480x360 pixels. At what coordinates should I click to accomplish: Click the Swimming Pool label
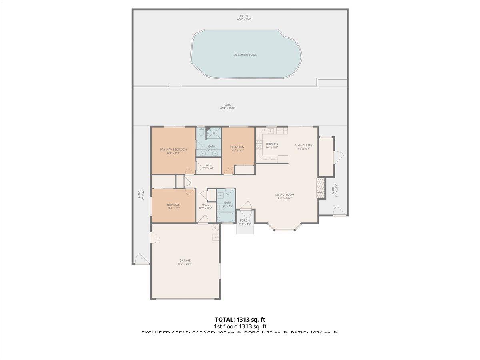pyautogui.click(x=245, y=54)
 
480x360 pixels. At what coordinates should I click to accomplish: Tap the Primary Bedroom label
pyautogui.click(x=173, y=150)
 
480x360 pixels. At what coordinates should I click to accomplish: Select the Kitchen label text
pyautogui.click(x=272, y=144)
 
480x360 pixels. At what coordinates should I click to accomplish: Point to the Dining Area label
pyautogui.click(x=304, y=146)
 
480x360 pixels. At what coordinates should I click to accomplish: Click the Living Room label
pyautogui.click(x=284, y=195)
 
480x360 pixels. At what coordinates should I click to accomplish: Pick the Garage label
pyautogui.click(x=185, y=260)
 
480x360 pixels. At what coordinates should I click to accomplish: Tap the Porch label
pyautogui.click(x=244, y=220)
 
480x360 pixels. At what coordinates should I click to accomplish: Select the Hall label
pyautogui.click(x=205, y=205)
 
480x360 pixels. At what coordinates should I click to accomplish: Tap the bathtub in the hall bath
pyautogui.click(x=226, y=217)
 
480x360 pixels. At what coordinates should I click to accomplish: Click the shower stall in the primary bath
pyautogui.click(x=214, y=133)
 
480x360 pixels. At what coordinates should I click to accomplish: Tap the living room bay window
pyautogui.click(x=284, y=230)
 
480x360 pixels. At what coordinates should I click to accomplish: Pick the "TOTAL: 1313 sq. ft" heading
pyautogui.click(x=240, y=319)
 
